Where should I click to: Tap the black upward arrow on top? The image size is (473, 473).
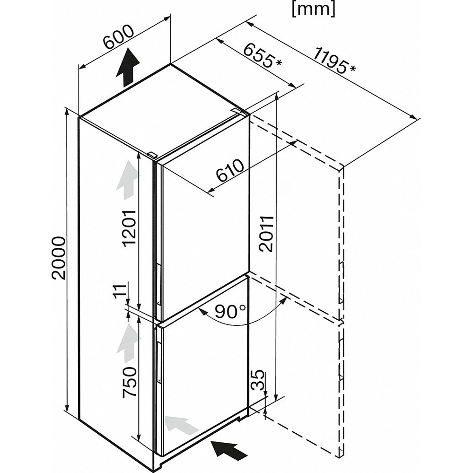(127, 69)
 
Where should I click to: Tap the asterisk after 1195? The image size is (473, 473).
(353, 69)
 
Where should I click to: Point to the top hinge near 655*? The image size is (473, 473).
(238, 112)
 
